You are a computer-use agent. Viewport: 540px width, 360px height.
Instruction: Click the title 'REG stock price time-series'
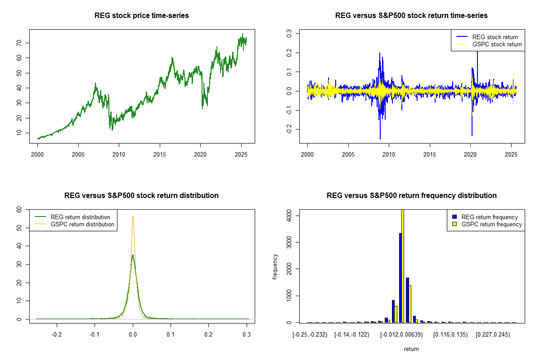[x=142, y=16]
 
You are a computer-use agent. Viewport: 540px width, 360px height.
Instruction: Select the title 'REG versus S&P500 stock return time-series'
[x=411, y=16]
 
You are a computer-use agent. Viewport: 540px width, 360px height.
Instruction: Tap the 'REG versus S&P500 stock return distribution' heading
[x=142, y=196]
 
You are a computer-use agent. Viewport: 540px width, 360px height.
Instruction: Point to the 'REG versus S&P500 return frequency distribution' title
[x=411, y=196]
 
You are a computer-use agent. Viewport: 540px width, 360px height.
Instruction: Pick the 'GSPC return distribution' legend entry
[x=82, y=224]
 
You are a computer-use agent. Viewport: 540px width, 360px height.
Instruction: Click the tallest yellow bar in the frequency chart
[x=403, y=265]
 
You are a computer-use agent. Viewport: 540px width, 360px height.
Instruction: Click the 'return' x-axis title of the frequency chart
[x=411, y=349]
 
